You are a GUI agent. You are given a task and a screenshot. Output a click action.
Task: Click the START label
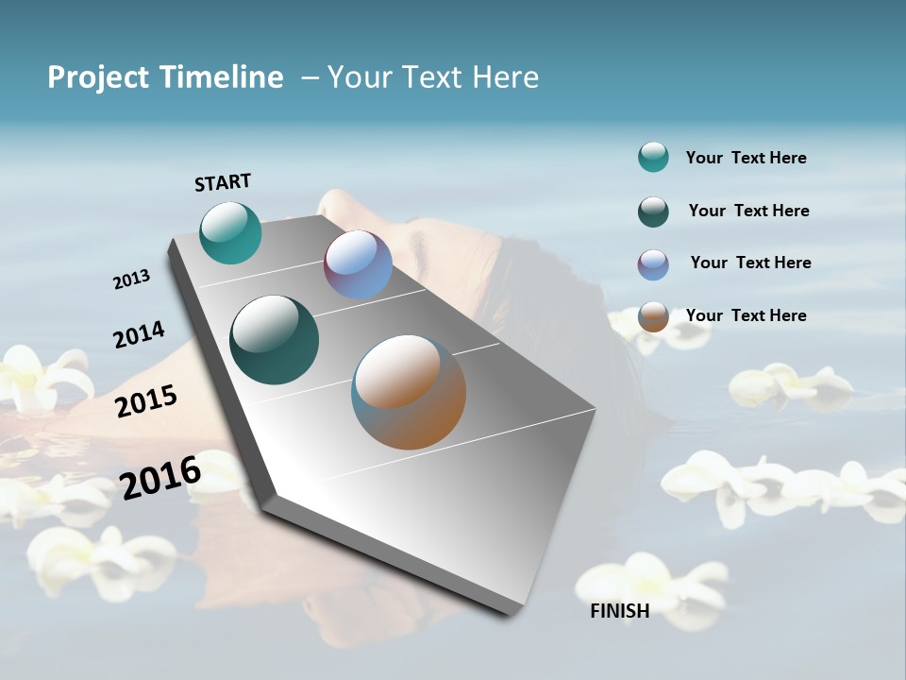tap(223, 182)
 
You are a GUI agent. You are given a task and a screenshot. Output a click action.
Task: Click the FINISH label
tap(620, 611)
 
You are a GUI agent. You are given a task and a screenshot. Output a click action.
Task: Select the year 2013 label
tap(131, 280)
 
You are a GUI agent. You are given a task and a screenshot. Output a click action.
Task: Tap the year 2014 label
tap(139, 334)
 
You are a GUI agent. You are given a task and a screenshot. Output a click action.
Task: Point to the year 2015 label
tap(146, 400)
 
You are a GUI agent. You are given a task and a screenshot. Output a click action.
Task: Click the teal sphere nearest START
tap(230, 232)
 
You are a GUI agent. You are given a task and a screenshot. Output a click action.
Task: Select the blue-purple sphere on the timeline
tap(358, 264)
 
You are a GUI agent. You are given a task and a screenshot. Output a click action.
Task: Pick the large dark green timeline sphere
tap(275, 340)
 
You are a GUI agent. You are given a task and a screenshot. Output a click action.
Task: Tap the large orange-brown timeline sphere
tap(409, 392)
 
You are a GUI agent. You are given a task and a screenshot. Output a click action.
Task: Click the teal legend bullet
tap(653, 157)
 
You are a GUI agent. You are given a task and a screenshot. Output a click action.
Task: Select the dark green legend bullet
tap(653, 212)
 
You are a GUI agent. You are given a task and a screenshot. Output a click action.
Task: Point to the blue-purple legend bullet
tap(653, 264)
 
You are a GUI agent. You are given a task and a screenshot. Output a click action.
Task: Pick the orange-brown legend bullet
tap(653, 316)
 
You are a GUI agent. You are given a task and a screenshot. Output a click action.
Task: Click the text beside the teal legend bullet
tap(746, 158)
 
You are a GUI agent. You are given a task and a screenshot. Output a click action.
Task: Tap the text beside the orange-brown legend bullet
tap(746, 315)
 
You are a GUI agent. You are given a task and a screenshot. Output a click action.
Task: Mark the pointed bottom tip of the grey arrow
tap(510, 612)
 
